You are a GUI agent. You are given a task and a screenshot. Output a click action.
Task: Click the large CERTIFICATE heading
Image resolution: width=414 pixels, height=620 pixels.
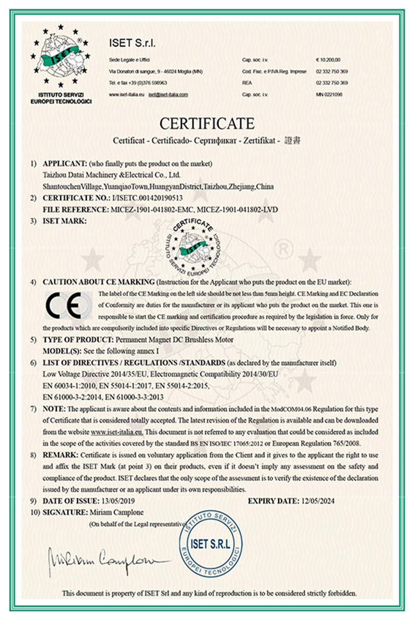pos(207,123)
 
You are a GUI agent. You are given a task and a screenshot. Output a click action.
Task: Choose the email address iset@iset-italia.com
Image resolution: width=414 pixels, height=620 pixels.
pos(168,95)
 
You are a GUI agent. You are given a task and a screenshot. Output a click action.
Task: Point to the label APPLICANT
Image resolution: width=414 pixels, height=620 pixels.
pos(65,164)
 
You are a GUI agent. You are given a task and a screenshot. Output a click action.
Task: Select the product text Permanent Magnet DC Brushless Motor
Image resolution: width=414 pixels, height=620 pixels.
pos(173,339)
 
